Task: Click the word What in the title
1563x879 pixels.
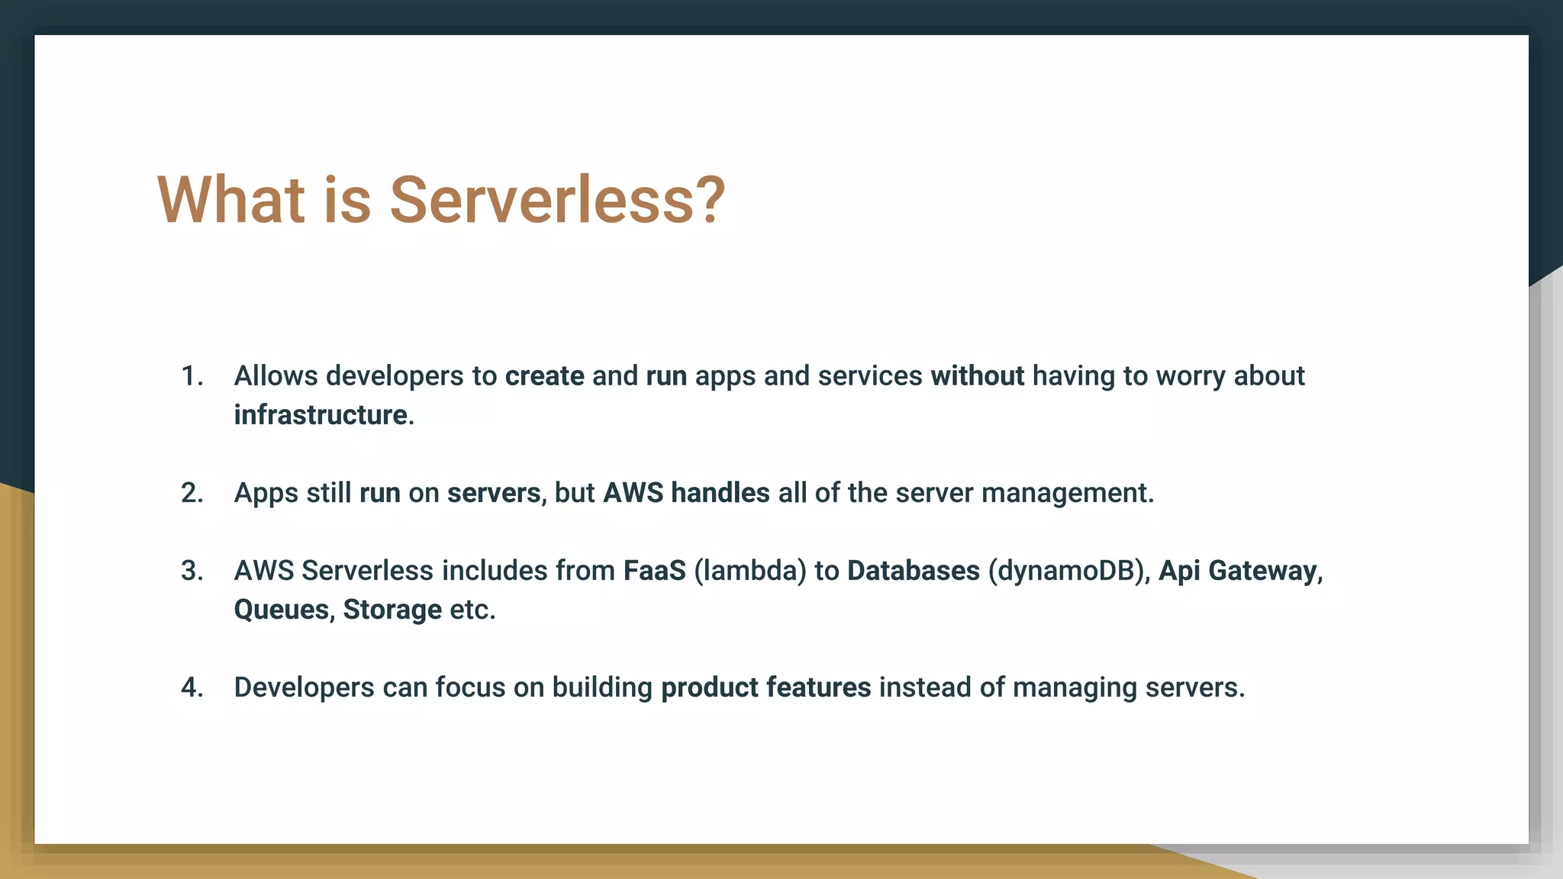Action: tap(231, 201)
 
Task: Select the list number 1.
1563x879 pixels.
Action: tap(192, 376)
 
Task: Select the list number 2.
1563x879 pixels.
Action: tap(192, 493)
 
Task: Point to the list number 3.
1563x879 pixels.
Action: tap(192, 571)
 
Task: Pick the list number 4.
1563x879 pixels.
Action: tap(192, 687)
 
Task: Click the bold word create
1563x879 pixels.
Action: tap(544, 376)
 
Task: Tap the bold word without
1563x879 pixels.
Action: tap(977, 376)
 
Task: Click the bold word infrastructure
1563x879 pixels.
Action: tap(321, 415)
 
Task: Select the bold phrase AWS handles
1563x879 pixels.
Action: tap(686, 493)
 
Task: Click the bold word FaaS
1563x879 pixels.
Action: tap(654, 571)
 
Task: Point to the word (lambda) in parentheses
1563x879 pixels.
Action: tap(749, 571)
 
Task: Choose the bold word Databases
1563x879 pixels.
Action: tap(913, 571)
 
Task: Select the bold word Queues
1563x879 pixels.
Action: tap(281, 610)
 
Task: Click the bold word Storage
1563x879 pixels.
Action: tap(392, 610)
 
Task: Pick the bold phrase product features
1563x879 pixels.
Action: tap(765, 687)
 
